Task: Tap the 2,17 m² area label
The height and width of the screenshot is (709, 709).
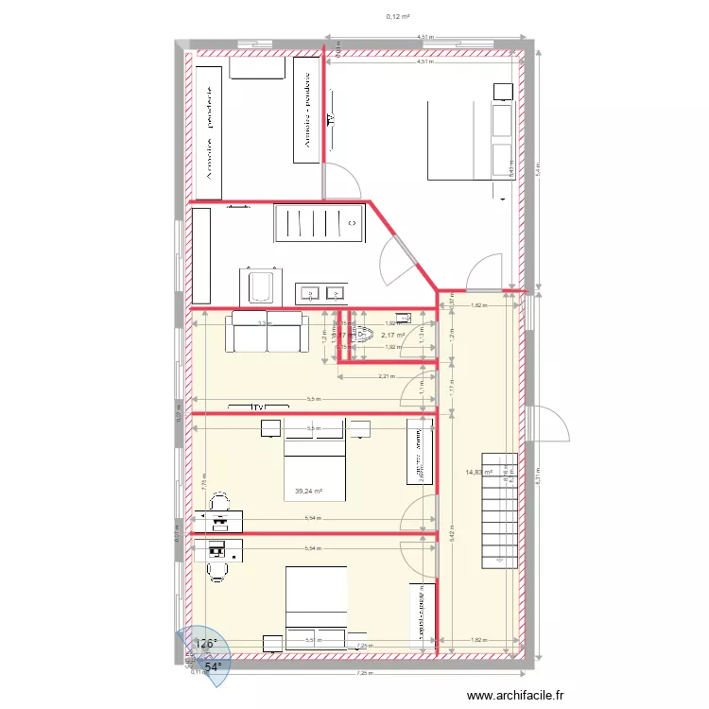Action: pos(392,335)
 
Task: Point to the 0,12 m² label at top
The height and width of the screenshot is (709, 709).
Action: pos(398,16)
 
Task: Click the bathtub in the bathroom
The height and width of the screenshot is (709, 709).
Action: pos(260,285)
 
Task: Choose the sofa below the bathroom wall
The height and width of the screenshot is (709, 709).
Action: pos(266,332)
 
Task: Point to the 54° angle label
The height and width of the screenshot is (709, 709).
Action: pos(215,666)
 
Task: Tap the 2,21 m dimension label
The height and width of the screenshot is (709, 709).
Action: pos(385,376)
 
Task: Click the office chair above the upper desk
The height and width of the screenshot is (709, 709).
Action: pos(219,500)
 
